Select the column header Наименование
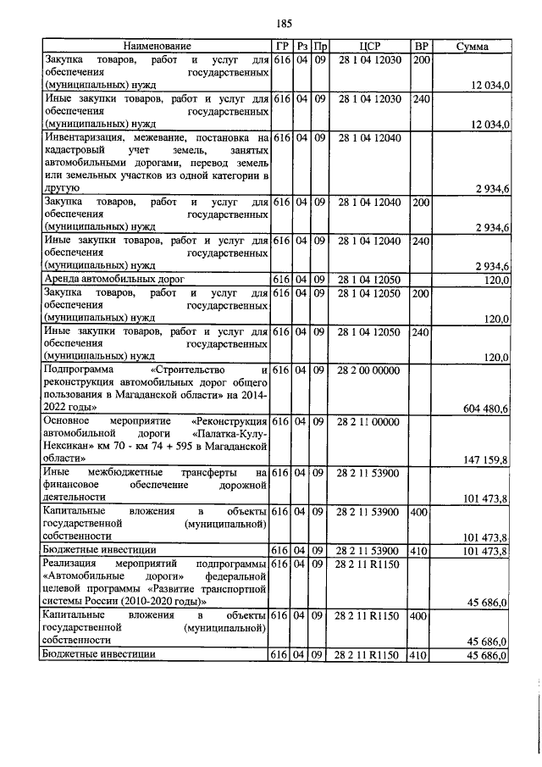157,46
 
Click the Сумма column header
472,46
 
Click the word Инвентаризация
86,136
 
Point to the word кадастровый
78,149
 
